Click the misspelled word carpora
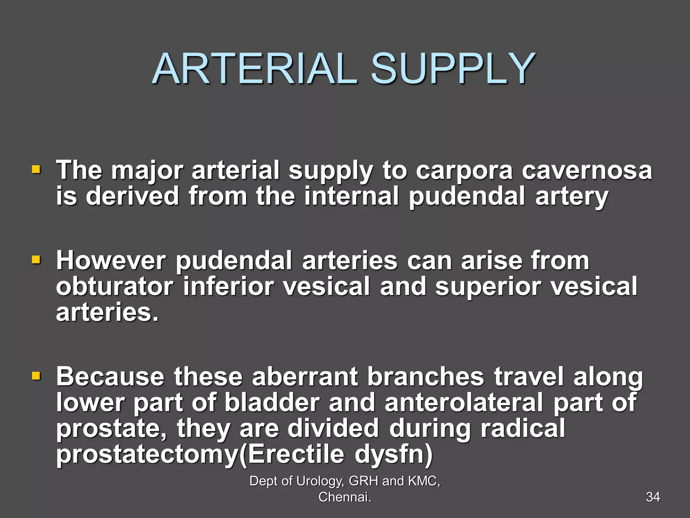pyautogui.click(x=464, y=171)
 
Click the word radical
pyautogui.click(x=523, y=428)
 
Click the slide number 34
pyautogui.click(x=653, y=497)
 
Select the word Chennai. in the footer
pyautogui.click(x=345, y=497)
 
